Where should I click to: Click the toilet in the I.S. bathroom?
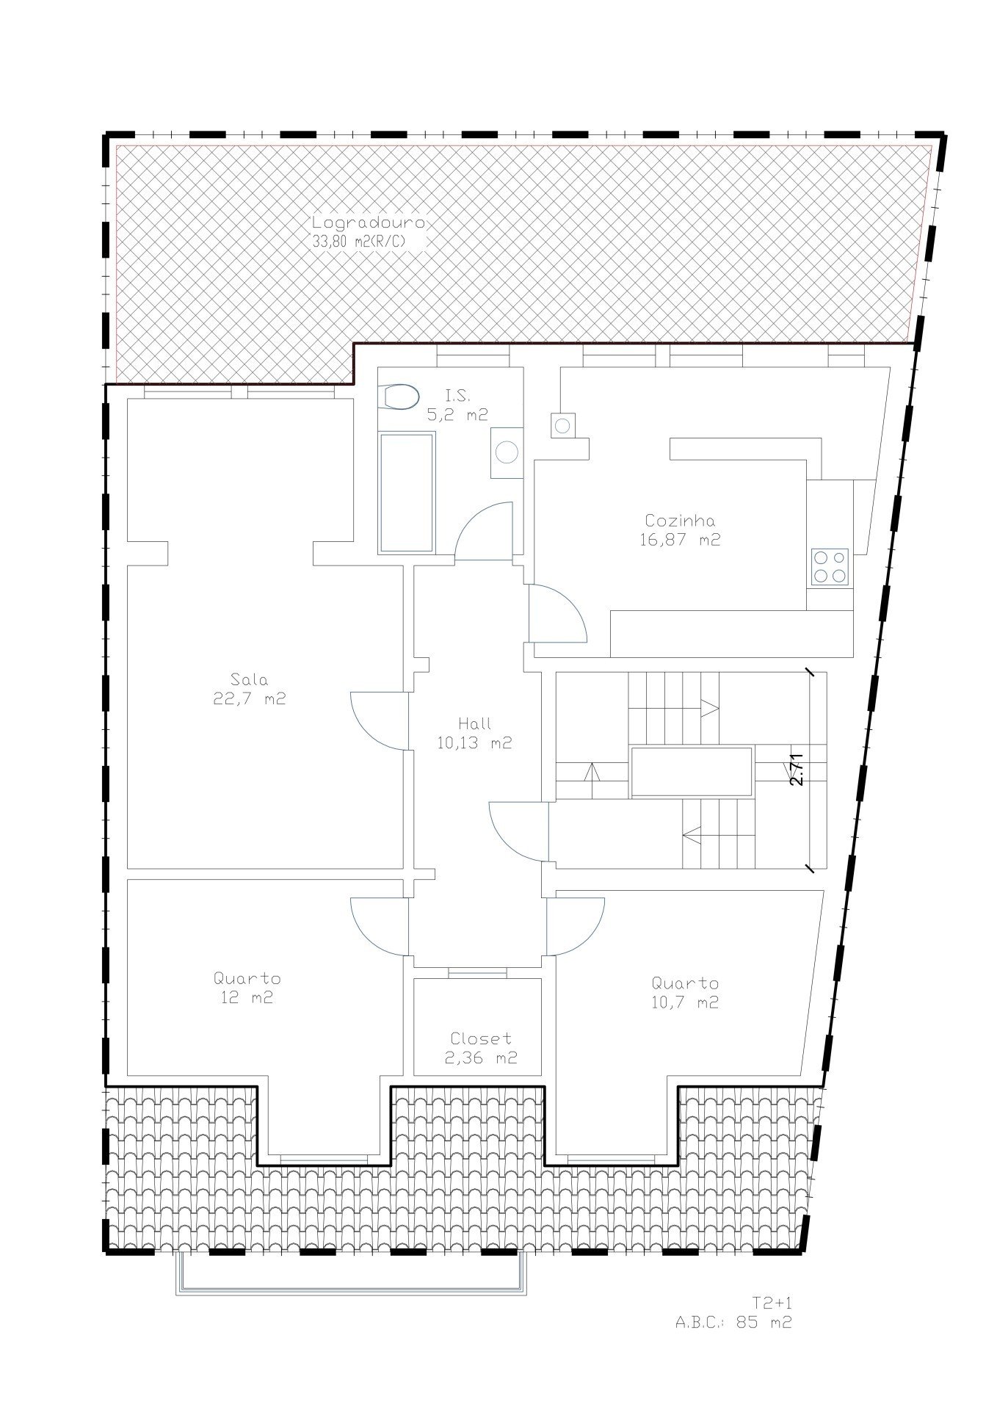(x=399, y=397)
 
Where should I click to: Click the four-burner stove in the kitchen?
(x=830, y=567)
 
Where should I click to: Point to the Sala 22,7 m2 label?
(x=250, y=688)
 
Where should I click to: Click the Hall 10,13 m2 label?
(x=474, y=733)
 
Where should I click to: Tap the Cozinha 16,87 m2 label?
(x=679, y=529)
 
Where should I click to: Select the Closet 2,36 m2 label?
(x=481, y=1048)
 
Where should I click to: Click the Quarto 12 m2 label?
(x=247, y=988)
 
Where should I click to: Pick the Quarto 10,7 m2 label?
(x=685, y=992)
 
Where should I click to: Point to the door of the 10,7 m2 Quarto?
(x=575, y=927)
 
